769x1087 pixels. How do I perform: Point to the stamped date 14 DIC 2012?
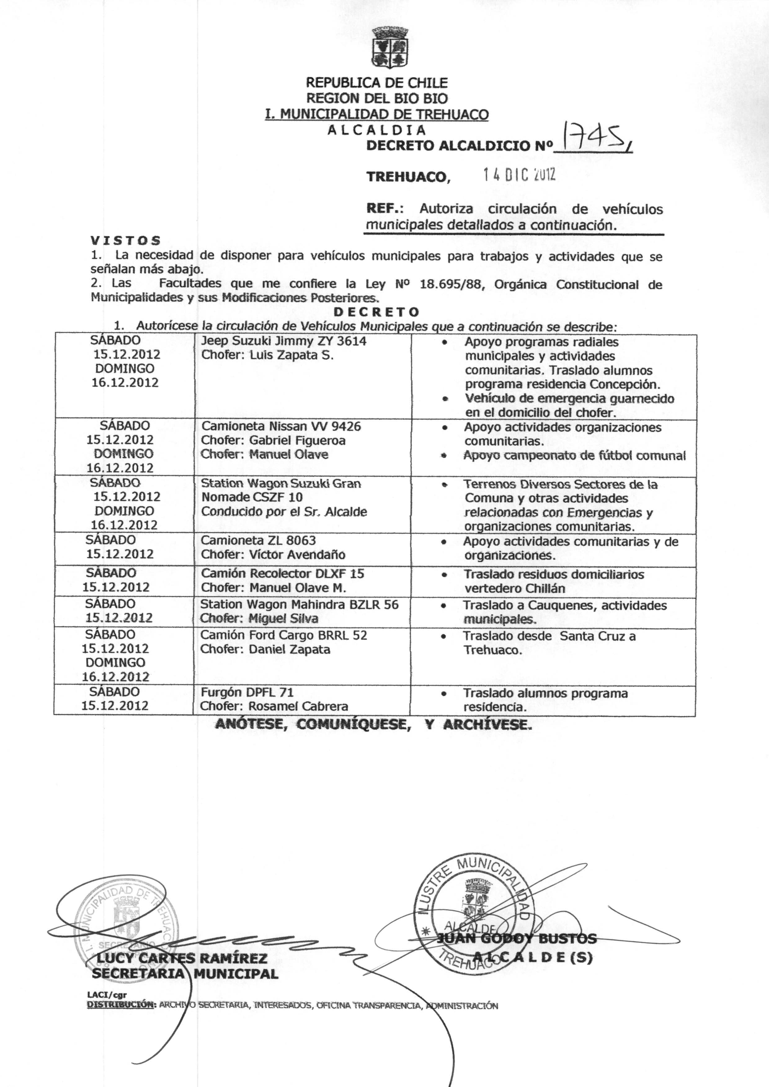(518, 175)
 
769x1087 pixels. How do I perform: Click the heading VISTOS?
(126, 241)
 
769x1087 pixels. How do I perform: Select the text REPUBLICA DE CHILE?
(376, 83)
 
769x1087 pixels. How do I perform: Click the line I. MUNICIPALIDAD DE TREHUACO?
(376, 114)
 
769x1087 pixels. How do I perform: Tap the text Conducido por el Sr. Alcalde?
(284, 512)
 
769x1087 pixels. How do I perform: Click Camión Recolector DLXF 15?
(283, 574)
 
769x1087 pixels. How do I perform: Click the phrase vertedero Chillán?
(515, 589)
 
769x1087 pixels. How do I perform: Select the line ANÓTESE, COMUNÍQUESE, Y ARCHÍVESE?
(373, 724)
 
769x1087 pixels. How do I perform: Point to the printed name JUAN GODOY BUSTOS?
(516, 938)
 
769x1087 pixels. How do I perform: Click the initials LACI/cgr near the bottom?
(107, 995)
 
